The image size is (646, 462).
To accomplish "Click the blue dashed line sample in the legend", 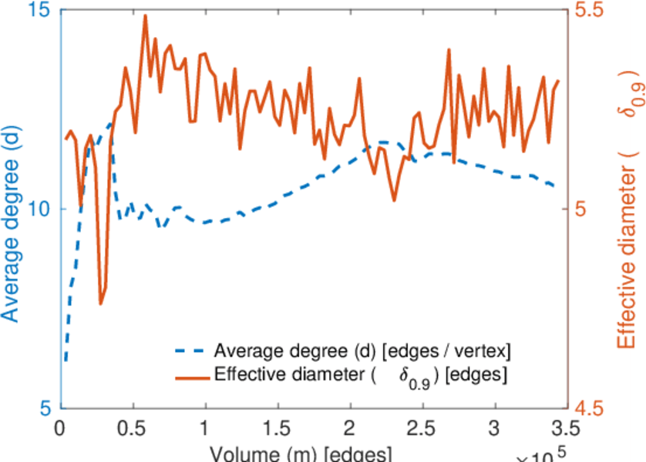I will pos(188,353).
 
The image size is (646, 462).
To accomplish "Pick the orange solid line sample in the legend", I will pos(188,377).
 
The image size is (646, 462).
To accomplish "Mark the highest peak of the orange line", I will pos(145,15).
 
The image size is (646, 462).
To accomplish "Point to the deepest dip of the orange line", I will pos(100,303).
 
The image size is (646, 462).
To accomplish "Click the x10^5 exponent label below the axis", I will pos(543,456).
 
